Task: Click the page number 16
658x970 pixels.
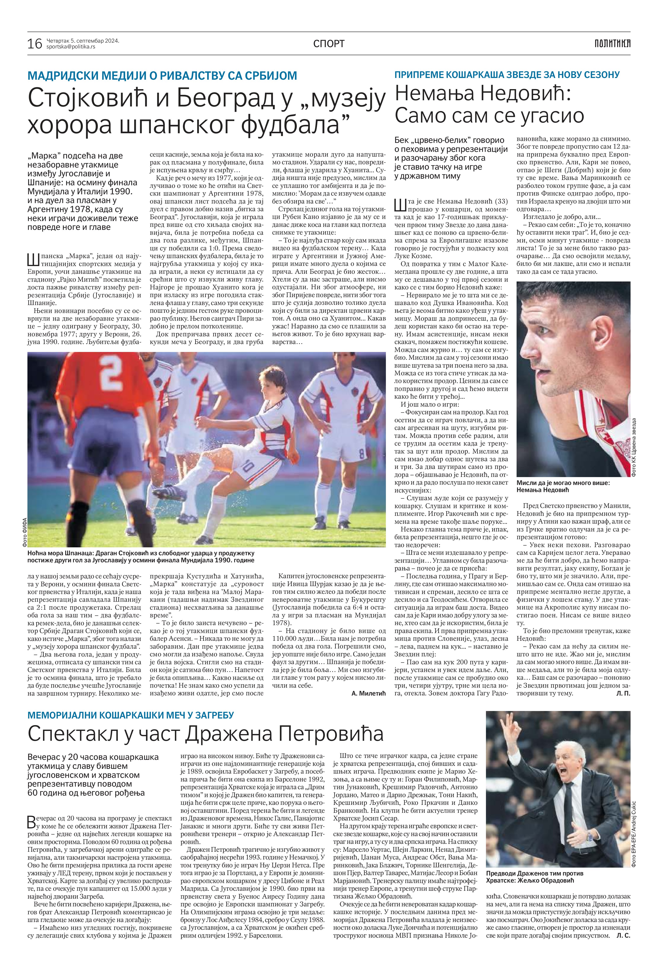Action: coord(35,43)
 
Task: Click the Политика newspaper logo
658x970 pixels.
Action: coord(612,43)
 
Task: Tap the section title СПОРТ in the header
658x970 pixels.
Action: coord(329,43)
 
